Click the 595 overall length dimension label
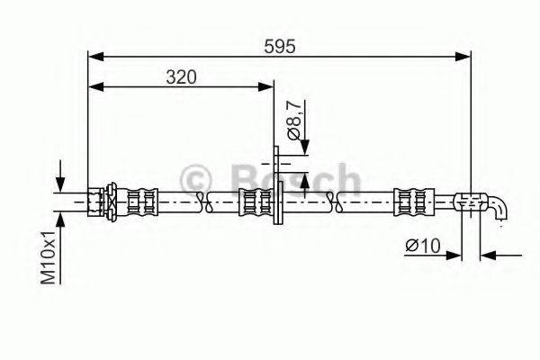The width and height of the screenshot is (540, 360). click(280, 47)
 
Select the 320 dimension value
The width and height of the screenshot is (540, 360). click(181, 77)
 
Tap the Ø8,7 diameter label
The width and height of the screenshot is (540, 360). click(295, 120)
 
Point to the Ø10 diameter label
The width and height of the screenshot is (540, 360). click(423, 246)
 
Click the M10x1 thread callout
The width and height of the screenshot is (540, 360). click(49, 257)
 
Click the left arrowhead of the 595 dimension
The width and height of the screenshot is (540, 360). click(95, 57)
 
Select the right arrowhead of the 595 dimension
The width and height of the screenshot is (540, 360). click(463, 57)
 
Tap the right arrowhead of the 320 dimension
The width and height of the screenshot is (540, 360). click(265, 86)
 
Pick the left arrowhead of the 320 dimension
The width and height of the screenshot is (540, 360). click(95, 86)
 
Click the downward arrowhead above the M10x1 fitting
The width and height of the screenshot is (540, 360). click(60, 184)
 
